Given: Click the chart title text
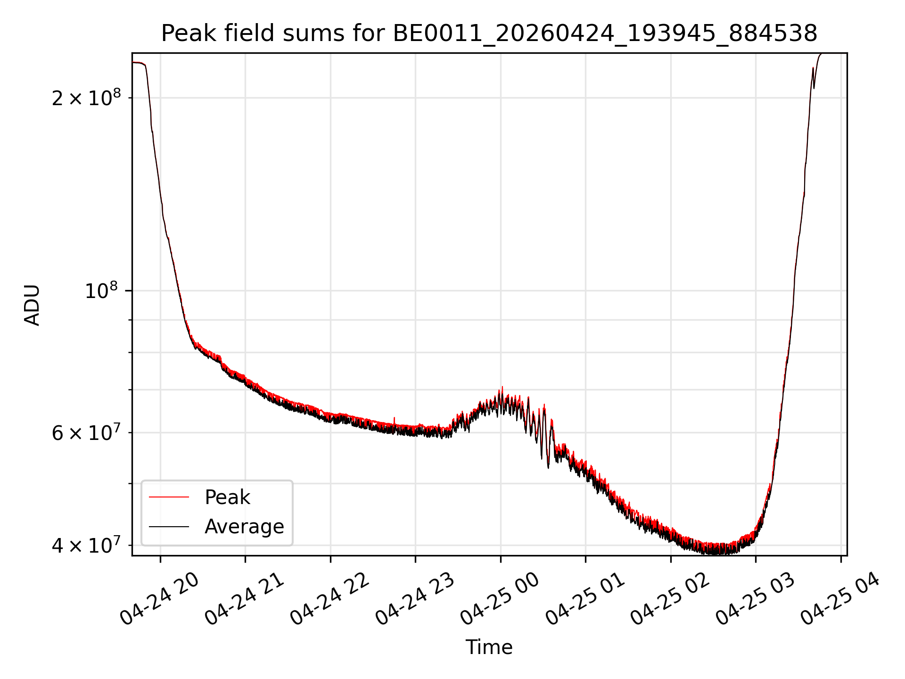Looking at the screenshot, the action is pyautogui.click(x=489, y=33).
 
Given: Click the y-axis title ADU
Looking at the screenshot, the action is pyautogui.click(x=32, y=305).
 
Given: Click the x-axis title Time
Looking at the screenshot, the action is pyautogui.click(x=489, y=647).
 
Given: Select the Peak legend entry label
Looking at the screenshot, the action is pyautogui.click(x=227, y=497).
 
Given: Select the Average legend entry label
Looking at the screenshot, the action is pyautogui.click(x=244, y=527).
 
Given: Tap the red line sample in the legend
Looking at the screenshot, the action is pyautogui.click(x=169, y=497).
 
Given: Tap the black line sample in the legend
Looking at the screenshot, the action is pyautogui.click(x=169, y=526).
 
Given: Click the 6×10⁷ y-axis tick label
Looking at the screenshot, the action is pyautogui.click(x=86, y=432).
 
